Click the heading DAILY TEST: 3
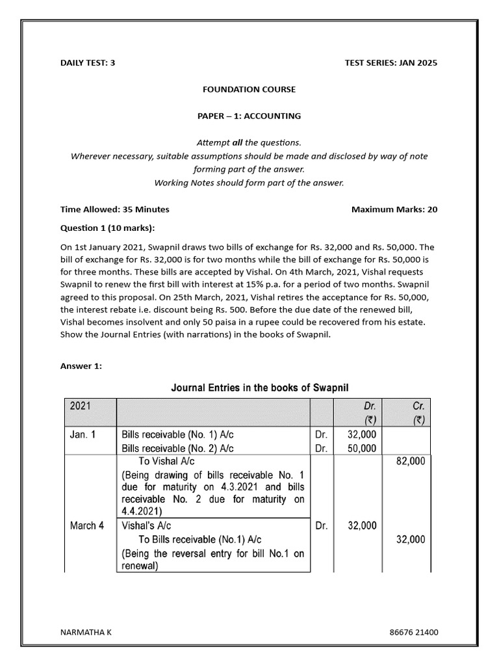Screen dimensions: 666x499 click(x=88, y=63)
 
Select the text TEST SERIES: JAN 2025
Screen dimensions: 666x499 click(x=392, y=63)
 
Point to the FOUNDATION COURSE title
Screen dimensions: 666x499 click(x=249, y=89)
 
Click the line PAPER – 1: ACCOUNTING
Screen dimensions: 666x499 click(x=249, y=116)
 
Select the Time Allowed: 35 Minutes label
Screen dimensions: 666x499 click(x=114, y=209)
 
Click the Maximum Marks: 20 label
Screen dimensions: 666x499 click(x=394, y=209)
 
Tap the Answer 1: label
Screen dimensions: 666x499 click(x=81, y=366)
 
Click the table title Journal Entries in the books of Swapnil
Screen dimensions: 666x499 click(x=260, y=388)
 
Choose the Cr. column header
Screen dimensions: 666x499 click(x=418, y=406)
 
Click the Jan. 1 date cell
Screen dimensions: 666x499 click(x=83, y=434)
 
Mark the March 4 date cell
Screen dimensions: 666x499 click(x=86, y=526)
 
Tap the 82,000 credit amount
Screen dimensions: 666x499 click(x=411, y=461)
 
